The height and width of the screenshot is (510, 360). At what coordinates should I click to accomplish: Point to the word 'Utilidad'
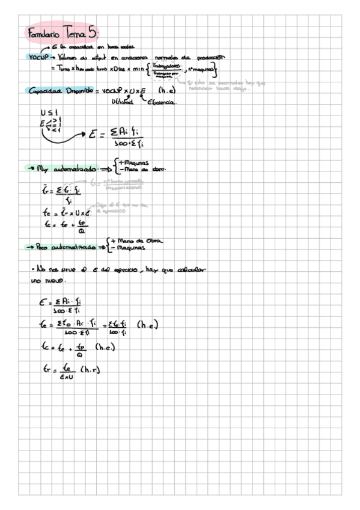pyautogui.click(x=124, y=103)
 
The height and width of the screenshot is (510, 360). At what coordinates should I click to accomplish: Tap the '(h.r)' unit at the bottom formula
pyautogui.click(x=90, y=369)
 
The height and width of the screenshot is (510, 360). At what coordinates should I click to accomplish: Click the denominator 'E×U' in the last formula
pyautogui.click(x=67, y=375)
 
